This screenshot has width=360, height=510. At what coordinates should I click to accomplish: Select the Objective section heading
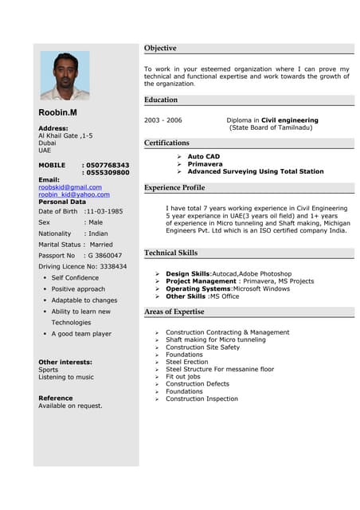click(x=161, y=49)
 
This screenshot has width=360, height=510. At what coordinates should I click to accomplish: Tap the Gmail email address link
click(x=70, y=186)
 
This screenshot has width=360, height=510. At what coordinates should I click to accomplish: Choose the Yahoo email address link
click(x=74, y=194)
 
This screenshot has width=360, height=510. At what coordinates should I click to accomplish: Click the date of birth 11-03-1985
click(x=104, y=211)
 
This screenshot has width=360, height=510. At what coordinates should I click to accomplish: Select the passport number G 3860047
click(x=107, y=255)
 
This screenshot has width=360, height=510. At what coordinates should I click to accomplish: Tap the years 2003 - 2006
click(x=162, y=120)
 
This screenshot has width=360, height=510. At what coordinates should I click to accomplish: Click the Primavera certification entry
click(x=205, y=164)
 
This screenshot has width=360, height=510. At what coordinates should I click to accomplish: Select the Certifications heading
click(x=166, y=143)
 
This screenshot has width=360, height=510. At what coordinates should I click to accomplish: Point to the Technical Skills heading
click(x=170, y=253)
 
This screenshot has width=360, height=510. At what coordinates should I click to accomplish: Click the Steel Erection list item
click(x=186, y=362)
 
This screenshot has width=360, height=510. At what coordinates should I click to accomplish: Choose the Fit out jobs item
click(x=182, y=376)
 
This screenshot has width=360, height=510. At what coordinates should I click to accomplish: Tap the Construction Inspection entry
click(x=202, y=398)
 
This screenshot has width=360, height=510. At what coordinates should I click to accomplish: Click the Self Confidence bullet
click(x=75, y=277)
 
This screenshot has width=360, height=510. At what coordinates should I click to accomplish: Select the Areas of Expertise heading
click(x=174, y=312)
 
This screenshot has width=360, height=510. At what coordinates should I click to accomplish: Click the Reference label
click(x=55, y=398)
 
